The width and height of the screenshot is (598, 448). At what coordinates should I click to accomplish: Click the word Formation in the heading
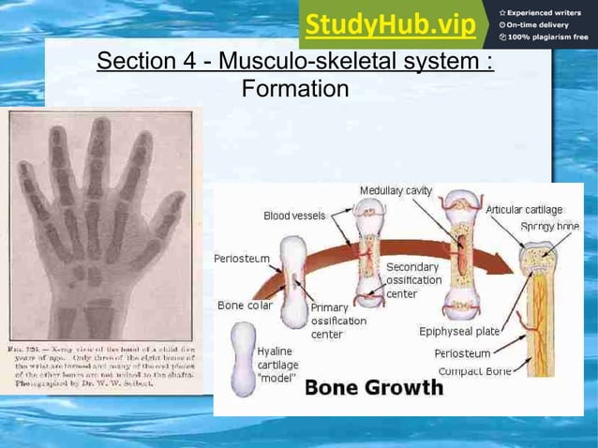click(295, 90)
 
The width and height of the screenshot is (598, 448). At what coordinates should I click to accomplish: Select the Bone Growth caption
click(374, 388)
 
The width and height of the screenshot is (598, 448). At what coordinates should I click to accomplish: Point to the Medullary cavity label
click(396, 191)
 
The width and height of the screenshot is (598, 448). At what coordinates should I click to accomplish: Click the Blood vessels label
click(294, 216)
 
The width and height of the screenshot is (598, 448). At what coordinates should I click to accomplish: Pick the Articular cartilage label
click(524, 210)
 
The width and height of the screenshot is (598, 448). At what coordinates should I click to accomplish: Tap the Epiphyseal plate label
click(459, 331)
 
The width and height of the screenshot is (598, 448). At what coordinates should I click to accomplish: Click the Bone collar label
click(244, 306)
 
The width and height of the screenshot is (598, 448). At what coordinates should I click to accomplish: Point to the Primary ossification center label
click(338, 321)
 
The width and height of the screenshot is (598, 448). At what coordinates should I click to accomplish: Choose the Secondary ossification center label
click(413, 280)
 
